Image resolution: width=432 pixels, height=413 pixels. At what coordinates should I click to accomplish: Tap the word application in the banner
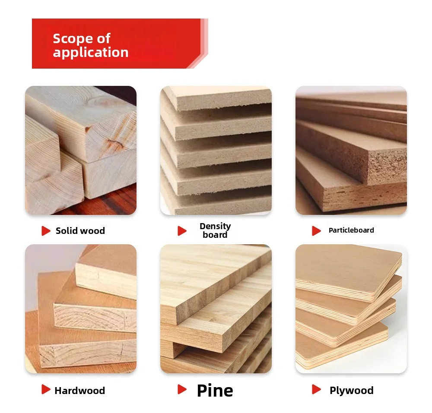pos(91,53)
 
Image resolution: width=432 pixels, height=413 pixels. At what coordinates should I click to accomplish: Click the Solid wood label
pos(80,230)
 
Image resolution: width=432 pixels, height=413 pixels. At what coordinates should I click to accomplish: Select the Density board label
pos(215,230)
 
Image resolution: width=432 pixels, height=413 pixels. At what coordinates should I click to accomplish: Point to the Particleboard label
pos(351,230)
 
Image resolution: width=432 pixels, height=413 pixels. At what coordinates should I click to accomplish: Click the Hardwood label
pos(79,391)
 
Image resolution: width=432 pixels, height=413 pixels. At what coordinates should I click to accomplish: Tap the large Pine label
pos(215,390)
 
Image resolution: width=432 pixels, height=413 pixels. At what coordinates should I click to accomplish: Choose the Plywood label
pos(352,391)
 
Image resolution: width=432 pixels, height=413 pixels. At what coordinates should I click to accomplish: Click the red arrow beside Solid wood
pos(46,231)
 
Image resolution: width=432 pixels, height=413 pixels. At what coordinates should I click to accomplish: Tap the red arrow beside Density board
pos(182,231)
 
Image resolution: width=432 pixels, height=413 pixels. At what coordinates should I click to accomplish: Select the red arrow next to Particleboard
pos(316,231)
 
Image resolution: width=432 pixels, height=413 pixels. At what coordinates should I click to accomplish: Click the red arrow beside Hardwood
pos(46,389)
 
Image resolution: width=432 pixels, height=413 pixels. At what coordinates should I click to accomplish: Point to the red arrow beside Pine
pos(182,389)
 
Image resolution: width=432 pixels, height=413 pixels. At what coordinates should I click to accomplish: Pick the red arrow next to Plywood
pos(316,389)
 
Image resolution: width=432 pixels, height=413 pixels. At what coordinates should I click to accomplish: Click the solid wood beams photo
pos(81,150)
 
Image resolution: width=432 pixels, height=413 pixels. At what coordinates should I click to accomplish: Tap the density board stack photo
pos(216,150)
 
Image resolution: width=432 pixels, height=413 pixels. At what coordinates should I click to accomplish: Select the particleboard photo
pos(351,150)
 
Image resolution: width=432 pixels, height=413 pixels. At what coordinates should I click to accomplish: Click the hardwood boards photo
pos(81,309)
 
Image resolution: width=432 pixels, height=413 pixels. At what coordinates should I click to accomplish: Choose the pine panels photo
pos(216,309)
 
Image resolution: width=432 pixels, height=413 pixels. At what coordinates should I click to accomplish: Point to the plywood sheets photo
pos(351,309)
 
